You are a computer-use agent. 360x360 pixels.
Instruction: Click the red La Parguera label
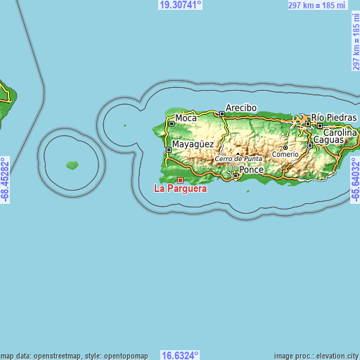pos(181,189)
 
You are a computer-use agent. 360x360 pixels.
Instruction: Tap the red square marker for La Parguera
pos(180,180)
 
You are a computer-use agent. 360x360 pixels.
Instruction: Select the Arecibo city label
pos(241,108)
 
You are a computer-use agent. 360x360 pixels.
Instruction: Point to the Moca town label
pos(186,118)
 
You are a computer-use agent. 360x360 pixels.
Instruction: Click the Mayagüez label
pos(193,145)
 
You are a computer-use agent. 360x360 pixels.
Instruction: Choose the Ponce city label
pos(251,170)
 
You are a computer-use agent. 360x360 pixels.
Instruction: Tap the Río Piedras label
pos(334,117)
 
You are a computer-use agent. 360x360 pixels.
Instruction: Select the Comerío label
pos(285,154)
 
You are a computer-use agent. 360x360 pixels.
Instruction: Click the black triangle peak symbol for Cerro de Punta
pos(238,153)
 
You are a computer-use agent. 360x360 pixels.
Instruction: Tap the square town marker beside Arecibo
pos(221,114)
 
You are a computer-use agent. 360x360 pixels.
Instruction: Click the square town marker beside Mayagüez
pos(167,149)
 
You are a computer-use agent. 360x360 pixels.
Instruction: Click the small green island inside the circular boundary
pos(72,165)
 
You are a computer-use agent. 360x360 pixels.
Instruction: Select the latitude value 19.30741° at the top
pos(180,4)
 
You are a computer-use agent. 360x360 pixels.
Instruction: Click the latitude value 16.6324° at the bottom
pos(180,355)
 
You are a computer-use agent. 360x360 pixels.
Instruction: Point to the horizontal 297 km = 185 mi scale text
pos(316,5)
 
